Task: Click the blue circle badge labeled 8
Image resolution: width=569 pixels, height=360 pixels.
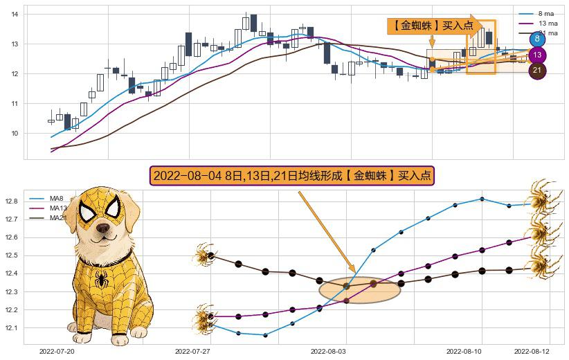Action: tap(537, 39)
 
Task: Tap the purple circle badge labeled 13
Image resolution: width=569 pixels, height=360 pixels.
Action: tap(537, 55)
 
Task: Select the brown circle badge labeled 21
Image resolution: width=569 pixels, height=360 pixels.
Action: tap(537, 71)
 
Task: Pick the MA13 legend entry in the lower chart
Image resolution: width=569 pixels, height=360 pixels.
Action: tap(58, 208)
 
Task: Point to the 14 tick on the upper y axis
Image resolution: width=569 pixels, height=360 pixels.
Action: tap(15, 14)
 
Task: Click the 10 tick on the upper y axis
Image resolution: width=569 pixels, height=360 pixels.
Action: tap(15, 133)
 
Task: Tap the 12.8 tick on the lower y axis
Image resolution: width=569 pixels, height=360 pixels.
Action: tap(12, 201)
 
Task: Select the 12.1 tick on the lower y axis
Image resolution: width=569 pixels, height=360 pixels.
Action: tap(12, 327)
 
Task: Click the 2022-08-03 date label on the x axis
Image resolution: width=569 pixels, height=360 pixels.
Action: tap(329, 352)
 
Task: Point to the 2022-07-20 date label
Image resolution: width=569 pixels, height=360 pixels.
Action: tap(57, 352)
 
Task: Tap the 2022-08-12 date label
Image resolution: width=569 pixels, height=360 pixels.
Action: tap(532, 352)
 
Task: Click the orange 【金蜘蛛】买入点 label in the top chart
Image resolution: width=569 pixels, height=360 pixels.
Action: tap(433, 26)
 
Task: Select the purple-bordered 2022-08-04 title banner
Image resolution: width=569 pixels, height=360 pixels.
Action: tap(291, 176)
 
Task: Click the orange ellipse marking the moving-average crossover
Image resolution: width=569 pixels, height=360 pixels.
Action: tap(360, 289)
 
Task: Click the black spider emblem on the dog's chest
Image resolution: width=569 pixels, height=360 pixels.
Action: tap(102, 280)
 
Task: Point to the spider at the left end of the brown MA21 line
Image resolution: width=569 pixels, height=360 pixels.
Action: tap(203, 255)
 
